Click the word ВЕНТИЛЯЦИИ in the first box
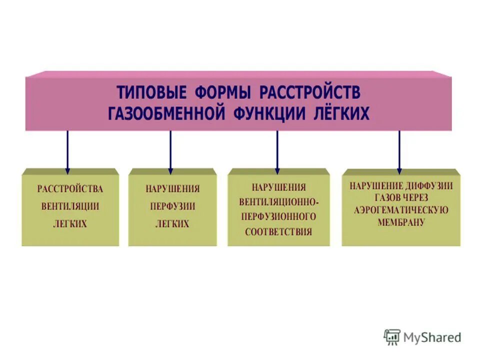[x=70, y=206]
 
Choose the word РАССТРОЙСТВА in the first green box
[x=70, y=189]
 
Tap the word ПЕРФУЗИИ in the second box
[x=172, y=206]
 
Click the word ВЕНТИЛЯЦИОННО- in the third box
[x=278, y=202]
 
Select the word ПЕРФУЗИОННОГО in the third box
[x=278, y=217]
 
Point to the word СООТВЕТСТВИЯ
[x=278, y=232]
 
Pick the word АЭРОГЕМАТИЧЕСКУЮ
[x=401, y=210]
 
